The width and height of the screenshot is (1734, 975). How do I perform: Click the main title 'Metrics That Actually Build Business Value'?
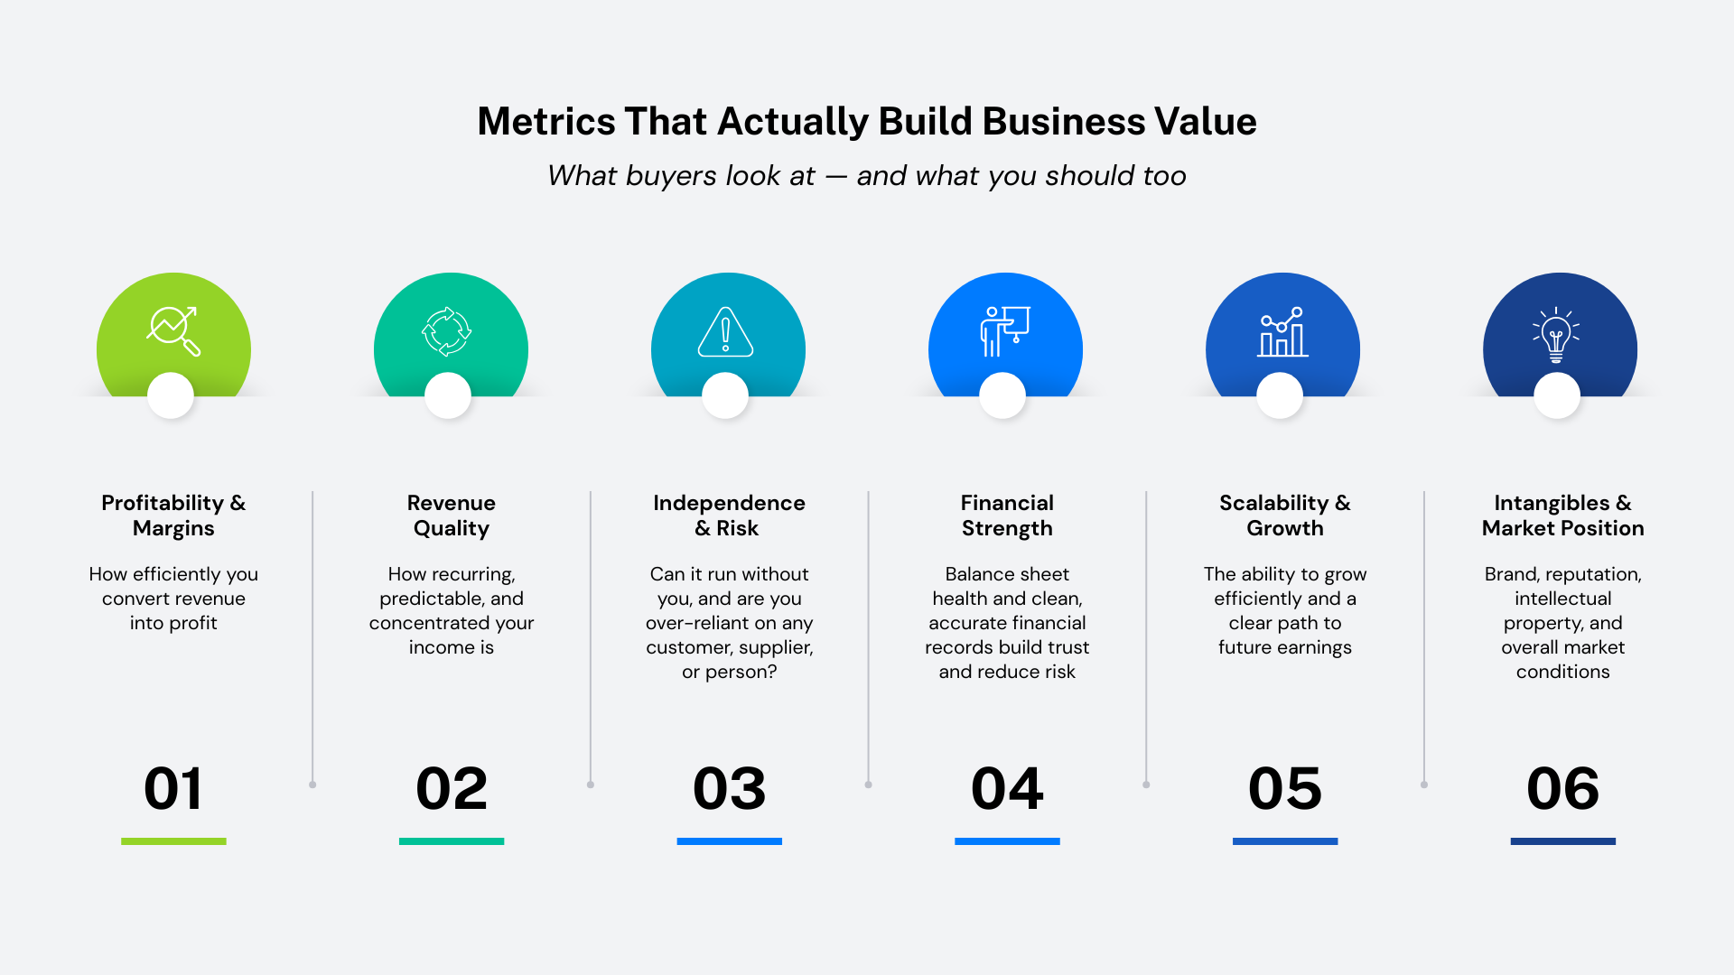click(867, 122)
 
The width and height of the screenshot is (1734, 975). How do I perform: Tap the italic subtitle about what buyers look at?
click(867, 175)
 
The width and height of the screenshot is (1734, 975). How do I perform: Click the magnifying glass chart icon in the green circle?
click(173, 331)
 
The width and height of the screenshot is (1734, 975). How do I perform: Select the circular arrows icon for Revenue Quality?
click(446, 331)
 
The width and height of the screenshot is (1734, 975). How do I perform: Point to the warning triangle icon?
click(725, 331)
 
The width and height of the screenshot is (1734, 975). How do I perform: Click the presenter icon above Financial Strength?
click(1005, 331)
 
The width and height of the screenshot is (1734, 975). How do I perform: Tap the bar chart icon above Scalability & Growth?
click(1282, 331)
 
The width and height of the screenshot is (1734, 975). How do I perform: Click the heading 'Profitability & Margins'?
click(173, 515)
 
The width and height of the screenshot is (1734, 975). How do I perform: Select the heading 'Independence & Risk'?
click(729, 515)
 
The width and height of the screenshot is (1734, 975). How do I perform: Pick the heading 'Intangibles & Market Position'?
click(1562, 515)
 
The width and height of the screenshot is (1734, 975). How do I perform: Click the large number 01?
click(173, 788)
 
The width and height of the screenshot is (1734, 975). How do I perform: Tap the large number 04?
click(1007, 788)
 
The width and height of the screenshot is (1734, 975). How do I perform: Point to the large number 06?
click(1562, 788)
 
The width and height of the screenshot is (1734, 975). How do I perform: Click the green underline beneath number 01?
click(173, 841)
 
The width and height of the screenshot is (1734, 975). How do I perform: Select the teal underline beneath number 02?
click(452, 841)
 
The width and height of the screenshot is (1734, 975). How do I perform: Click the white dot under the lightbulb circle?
click(1557, 395)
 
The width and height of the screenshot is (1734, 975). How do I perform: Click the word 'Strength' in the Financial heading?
click(1007, 528)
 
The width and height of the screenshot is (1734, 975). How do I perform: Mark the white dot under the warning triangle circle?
click(725, 395)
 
